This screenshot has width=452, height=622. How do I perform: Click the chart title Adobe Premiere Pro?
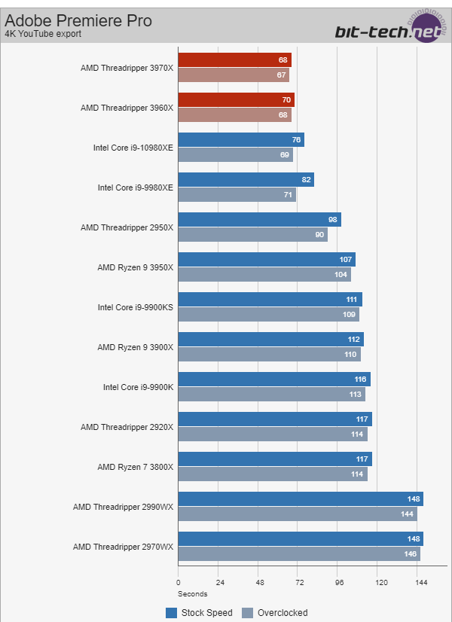78,20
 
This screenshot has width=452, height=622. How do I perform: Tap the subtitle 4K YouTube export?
43,34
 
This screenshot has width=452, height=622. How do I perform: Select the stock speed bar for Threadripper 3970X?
234,59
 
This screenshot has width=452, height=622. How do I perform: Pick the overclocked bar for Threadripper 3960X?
234,115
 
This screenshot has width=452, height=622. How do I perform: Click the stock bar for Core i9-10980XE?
241,139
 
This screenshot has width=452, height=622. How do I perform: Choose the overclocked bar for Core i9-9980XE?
237,195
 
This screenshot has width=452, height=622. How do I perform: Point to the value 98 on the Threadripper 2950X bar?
332,219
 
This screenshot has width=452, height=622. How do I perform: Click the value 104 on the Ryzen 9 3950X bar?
341,275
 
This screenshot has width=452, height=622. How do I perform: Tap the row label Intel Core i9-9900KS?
136,307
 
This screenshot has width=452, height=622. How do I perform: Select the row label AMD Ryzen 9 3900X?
136,347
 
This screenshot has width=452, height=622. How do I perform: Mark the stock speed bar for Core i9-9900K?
274,379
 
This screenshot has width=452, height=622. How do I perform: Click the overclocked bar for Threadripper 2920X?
273,434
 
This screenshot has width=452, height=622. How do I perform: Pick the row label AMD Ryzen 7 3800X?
136,467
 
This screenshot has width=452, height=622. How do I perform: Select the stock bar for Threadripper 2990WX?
301,499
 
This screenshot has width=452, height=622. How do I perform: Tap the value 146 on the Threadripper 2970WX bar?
411,554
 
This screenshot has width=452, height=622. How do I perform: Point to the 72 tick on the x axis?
300,583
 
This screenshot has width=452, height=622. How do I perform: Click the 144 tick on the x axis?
421,583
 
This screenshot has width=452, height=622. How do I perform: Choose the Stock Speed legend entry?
200,613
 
